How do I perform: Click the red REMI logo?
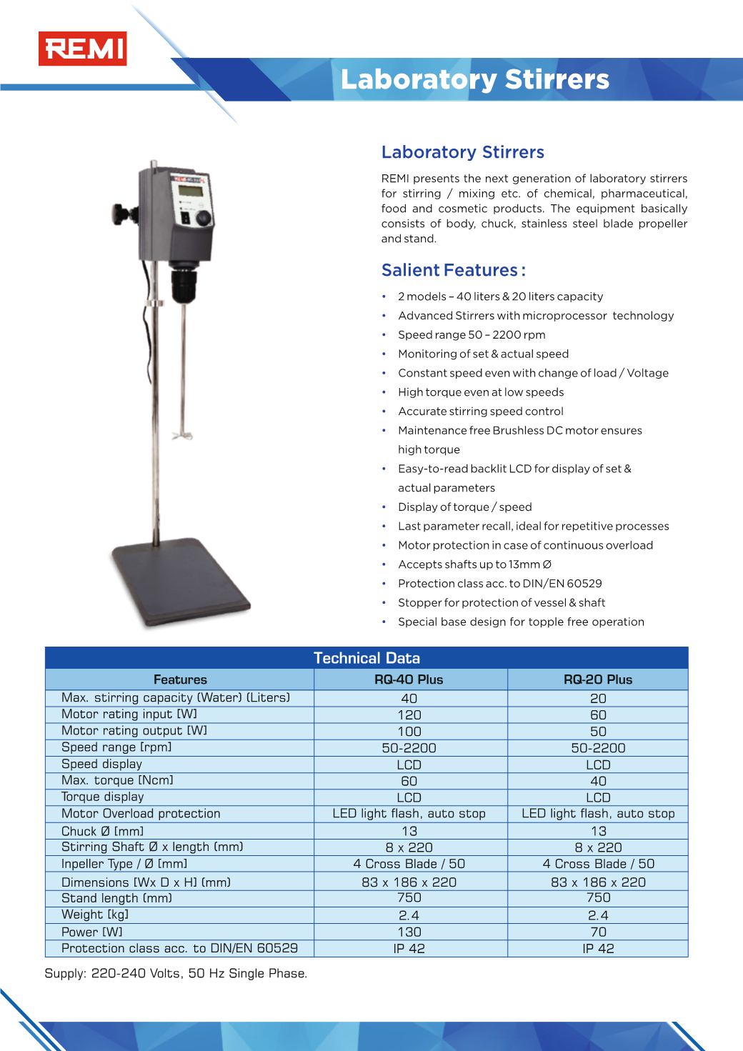(x=82, y=49)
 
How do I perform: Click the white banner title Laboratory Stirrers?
(x=474, y=79)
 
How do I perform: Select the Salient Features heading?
(x=453, y=270)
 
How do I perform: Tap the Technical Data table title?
(x=366, y=658)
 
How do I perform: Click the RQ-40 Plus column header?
(x=409, y=679)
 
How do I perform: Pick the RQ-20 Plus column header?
(x=598, y=679)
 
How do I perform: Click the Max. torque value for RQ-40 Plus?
(x=409, y=781)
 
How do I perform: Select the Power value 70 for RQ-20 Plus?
(x=598, y=932)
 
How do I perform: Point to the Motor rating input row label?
(x=129, y=714)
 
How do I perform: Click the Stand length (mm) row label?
(x=116, y=898)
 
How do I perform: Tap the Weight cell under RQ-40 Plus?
(x=409, y=915)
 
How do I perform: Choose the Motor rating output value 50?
(x=598, y=731)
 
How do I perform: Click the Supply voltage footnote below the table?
(x=176, y=974)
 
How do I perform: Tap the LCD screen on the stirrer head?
(x=189, y=191)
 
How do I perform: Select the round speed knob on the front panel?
(x=204, y=217)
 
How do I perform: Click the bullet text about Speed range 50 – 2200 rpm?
(x=472, y=334)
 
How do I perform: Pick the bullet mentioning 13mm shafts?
(x=474, y=564)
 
